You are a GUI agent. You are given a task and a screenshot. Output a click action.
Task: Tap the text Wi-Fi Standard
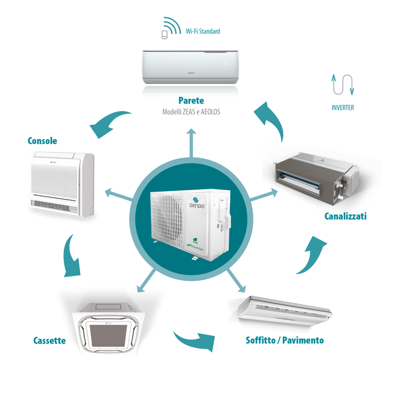tap(203, 31)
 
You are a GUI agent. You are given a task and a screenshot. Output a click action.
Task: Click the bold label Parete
tap(191, 100)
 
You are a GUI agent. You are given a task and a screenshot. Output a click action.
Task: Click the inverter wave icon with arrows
tap(342, 85)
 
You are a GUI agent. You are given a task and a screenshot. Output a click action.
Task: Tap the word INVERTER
tap(342, 108)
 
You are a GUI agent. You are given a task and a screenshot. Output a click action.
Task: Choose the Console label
tap(43, 141)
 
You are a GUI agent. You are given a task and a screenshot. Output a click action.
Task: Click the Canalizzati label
tap(345, 216)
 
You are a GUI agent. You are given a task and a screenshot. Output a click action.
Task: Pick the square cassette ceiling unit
tap(109, 326)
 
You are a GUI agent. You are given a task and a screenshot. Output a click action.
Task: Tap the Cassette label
tap(49, 340)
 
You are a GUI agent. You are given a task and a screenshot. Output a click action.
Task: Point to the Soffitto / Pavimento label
tap(285, 340)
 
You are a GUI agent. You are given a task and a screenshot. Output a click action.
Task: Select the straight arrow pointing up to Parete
tap(192, 142)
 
